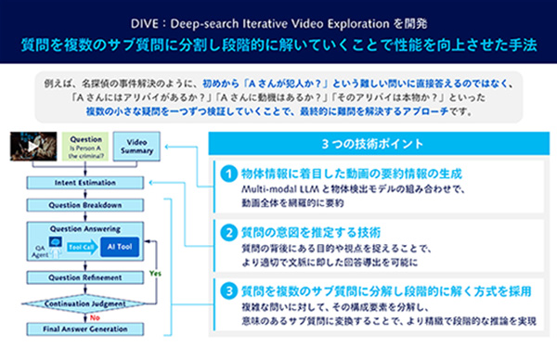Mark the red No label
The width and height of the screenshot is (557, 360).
coord(94,315)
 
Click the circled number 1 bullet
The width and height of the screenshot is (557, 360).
coord(228,174)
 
